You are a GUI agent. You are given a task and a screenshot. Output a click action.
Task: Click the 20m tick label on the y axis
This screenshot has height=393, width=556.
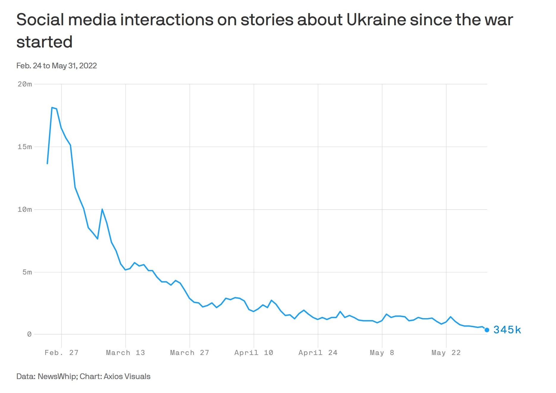pyautogui.click(x=25, y=84)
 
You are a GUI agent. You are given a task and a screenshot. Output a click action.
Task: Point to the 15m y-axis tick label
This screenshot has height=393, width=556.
pyautogui.click(x=25, y=147)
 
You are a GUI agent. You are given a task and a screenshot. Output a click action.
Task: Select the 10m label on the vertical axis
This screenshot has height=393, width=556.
pyautogui.click(x=25, y=209)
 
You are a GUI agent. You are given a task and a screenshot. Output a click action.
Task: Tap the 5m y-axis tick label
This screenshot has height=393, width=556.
pyautogui.click(x=27, y=272)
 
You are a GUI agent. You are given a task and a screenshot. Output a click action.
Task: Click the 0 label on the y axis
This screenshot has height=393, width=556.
pyautogui.click(x=29, y=334)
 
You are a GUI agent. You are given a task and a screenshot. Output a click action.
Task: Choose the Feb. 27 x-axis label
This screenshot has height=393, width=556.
pyautogui.click(x=61, y=353)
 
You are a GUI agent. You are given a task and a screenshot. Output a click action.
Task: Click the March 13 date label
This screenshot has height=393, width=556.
pyautogui.click(x=125, y=353)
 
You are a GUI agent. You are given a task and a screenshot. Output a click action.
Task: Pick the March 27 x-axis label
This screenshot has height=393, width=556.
pyautogui.click(x=189, y=353)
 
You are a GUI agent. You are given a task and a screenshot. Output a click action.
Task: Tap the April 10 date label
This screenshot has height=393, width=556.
pyautogui.click(x=254, y=353)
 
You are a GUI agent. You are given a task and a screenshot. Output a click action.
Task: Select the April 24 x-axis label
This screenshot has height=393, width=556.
pyautogui.click(x=318, y=353)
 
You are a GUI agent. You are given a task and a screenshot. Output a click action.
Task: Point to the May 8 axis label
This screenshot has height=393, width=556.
pyautogui.click(x=382, y=353)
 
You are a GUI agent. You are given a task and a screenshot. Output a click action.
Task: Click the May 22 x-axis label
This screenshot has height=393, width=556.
pyautogui.click(x=446, y=353)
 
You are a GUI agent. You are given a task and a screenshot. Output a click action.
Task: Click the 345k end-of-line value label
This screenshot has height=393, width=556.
pyautogui.click(x=507, y=330)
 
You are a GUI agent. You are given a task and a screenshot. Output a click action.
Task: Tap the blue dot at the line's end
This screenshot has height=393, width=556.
pyautogui.click(x=487, y=330)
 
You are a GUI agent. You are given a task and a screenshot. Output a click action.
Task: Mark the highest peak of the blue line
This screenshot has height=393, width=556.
pyautogui.click(x=52, y=108)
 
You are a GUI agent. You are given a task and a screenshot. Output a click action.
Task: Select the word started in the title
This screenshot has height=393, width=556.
pyautogui.click(x=44, y=42)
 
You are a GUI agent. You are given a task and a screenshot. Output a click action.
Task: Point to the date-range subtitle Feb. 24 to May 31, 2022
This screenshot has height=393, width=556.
pyautogui.click(x=57, y=66)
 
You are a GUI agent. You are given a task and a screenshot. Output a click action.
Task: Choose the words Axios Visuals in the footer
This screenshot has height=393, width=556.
pyautogui.click(x=127, y=376)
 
